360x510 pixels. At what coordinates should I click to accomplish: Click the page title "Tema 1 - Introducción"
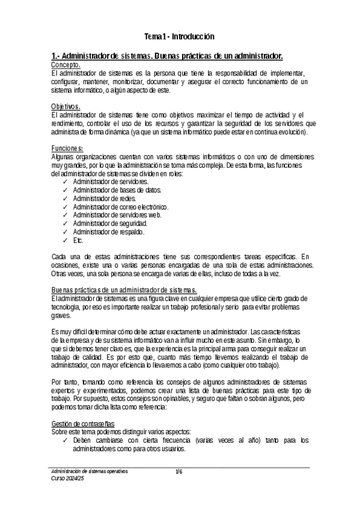[180, 36]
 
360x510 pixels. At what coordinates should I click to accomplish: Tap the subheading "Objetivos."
[66, 106]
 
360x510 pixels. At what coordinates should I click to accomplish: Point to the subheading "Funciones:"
[67, 149]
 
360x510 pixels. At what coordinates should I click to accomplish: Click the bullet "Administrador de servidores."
[111, 181]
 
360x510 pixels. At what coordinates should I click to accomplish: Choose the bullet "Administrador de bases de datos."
[116, 189]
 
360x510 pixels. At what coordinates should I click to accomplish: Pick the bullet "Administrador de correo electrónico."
[121, 206]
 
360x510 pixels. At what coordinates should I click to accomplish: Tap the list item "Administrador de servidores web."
[117, 215]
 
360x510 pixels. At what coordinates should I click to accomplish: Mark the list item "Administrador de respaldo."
[108, 232]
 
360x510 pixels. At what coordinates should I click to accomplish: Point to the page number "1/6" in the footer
[178, 472]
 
